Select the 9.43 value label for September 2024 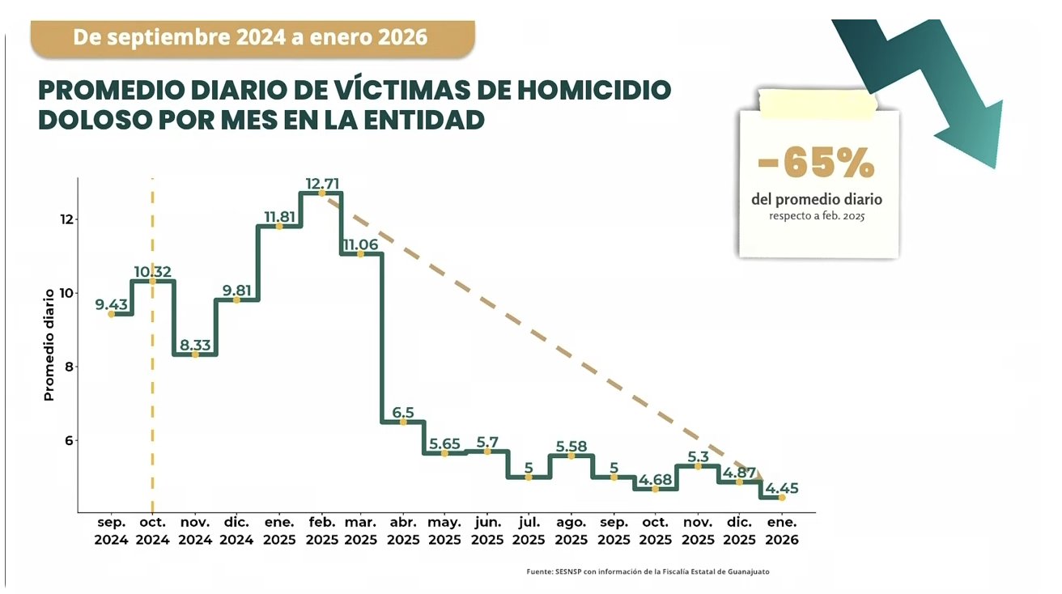point(111,303)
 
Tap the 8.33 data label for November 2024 point(195,346)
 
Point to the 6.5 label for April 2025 point(403,413)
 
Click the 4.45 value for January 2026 point(781,488)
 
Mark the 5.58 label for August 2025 point(571,446)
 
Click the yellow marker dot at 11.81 point(279,227)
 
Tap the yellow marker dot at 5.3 point(698,466)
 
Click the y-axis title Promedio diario point(49,345)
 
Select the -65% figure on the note point(817,164)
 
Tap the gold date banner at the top point(252,37)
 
